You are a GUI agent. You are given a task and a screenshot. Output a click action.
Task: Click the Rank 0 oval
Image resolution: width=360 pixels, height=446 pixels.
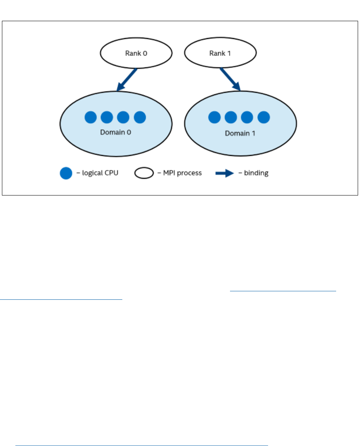pos(136,54)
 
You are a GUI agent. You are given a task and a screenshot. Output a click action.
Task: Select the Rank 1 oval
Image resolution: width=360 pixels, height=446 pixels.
pos(220,54)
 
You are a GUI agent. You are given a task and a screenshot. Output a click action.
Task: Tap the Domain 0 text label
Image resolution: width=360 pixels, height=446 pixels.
pos(115,132)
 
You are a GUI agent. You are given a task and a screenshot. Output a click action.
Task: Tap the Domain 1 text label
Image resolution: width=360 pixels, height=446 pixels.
pos(240,133)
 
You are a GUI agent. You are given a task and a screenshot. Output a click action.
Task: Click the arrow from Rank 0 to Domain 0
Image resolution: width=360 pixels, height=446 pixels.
pos(127,80)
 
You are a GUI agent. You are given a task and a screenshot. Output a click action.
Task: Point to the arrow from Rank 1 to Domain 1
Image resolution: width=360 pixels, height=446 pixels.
pos(230,80)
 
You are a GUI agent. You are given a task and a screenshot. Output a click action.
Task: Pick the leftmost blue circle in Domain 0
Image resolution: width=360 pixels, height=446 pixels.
pos(91,117)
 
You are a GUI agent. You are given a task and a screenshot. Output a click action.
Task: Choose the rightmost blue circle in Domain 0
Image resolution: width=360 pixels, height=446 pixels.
pos(140,117)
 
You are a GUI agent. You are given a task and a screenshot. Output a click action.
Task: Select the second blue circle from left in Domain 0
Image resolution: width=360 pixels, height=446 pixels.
pos(107,117)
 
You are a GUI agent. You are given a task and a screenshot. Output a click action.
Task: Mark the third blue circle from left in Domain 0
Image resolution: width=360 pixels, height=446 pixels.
pos(123,117)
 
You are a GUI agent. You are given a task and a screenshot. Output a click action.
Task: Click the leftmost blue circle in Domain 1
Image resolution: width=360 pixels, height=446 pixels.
pos(215,117)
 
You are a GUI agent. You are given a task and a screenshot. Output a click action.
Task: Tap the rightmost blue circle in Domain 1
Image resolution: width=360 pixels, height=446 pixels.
pos(263,117)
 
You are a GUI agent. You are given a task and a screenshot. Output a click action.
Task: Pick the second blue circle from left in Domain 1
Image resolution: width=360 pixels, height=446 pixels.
pos(231,117)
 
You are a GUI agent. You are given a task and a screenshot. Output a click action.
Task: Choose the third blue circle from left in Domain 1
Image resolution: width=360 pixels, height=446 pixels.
pos(247,117)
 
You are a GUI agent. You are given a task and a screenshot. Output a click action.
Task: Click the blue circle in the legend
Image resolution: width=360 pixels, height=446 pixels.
pos(66,173)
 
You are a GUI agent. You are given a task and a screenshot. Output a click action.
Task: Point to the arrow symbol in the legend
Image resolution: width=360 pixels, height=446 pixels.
pos(224,173)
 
